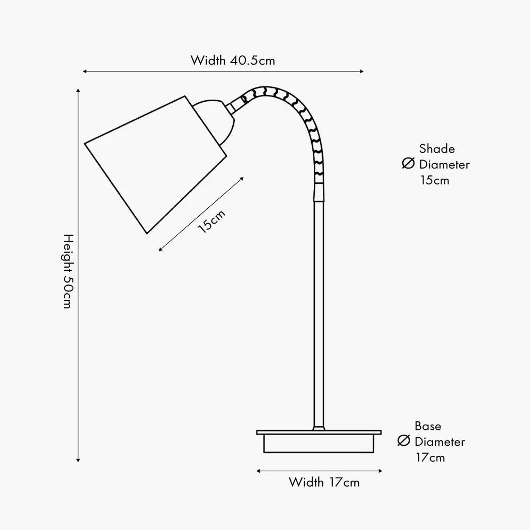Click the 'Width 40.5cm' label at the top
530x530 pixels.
(233, 60)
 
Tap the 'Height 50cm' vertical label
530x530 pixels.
(67, 271)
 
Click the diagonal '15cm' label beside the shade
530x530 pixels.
(211, 221)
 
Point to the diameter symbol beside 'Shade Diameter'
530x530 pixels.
(408, 164)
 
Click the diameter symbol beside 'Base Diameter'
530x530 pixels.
(404, 441)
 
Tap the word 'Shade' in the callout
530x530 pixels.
(437, 149)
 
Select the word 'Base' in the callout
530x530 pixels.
(428, 426)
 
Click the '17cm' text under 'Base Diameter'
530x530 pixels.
(430, 457)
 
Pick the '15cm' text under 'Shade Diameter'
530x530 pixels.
(435, 180)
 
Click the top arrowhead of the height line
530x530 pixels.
(78, 91)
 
